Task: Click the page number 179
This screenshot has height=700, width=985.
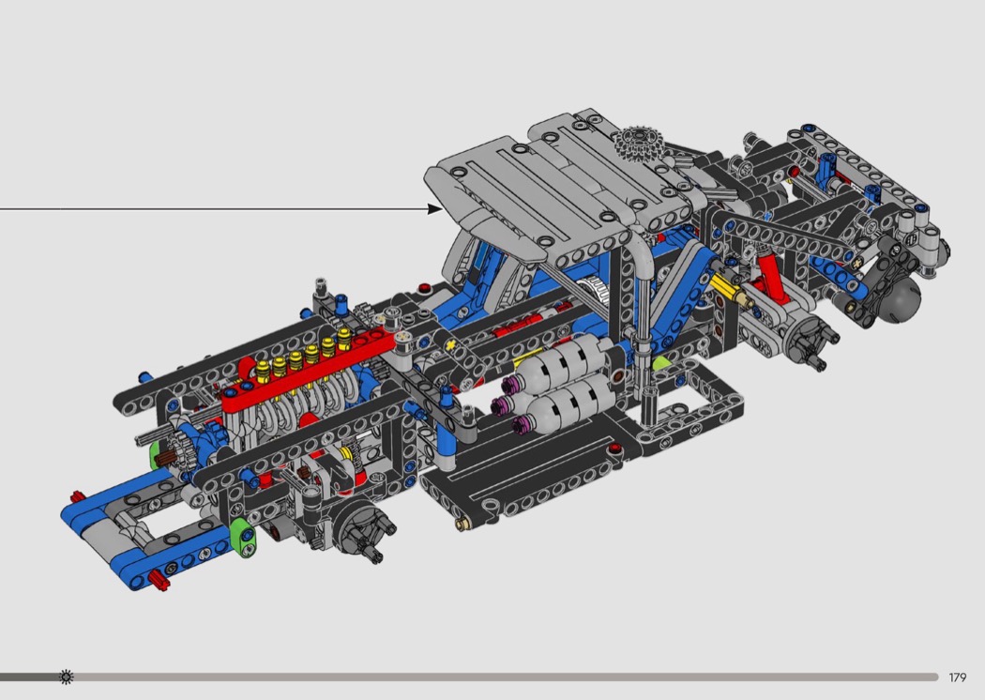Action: pyautogui.click(x=958, y=677)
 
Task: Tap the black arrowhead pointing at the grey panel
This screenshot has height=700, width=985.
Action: pyautogui.click(x=434, y=208)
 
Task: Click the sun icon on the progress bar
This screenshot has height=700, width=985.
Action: pyautogui.click(x=66, y=677)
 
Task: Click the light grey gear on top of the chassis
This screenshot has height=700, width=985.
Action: pyautogui.click(x=638, y=145)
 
